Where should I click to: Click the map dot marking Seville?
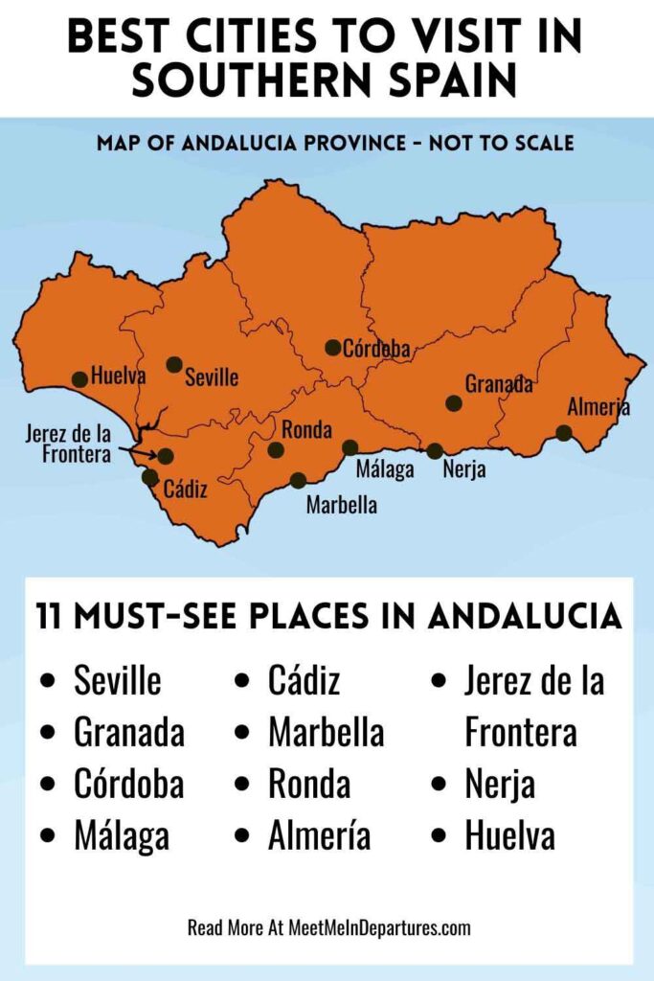(173, 364)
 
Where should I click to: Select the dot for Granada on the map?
(454, 403)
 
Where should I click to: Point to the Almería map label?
(598, 407)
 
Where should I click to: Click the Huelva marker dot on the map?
(79, 379)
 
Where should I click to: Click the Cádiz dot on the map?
(150, 477)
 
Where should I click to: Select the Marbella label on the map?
(341, 505)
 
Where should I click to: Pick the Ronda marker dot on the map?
(276, 449)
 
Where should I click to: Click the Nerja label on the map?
(464, 470)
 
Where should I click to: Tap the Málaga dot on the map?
(350, 447)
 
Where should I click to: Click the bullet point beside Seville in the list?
(48, 682)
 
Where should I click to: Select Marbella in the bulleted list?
(326, 733)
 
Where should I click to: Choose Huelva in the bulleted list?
(509, 835)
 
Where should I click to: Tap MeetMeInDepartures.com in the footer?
(380, 927)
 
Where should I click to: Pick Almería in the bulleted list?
(319, 835)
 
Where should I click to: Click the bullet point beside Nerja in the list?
(439, 785)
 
